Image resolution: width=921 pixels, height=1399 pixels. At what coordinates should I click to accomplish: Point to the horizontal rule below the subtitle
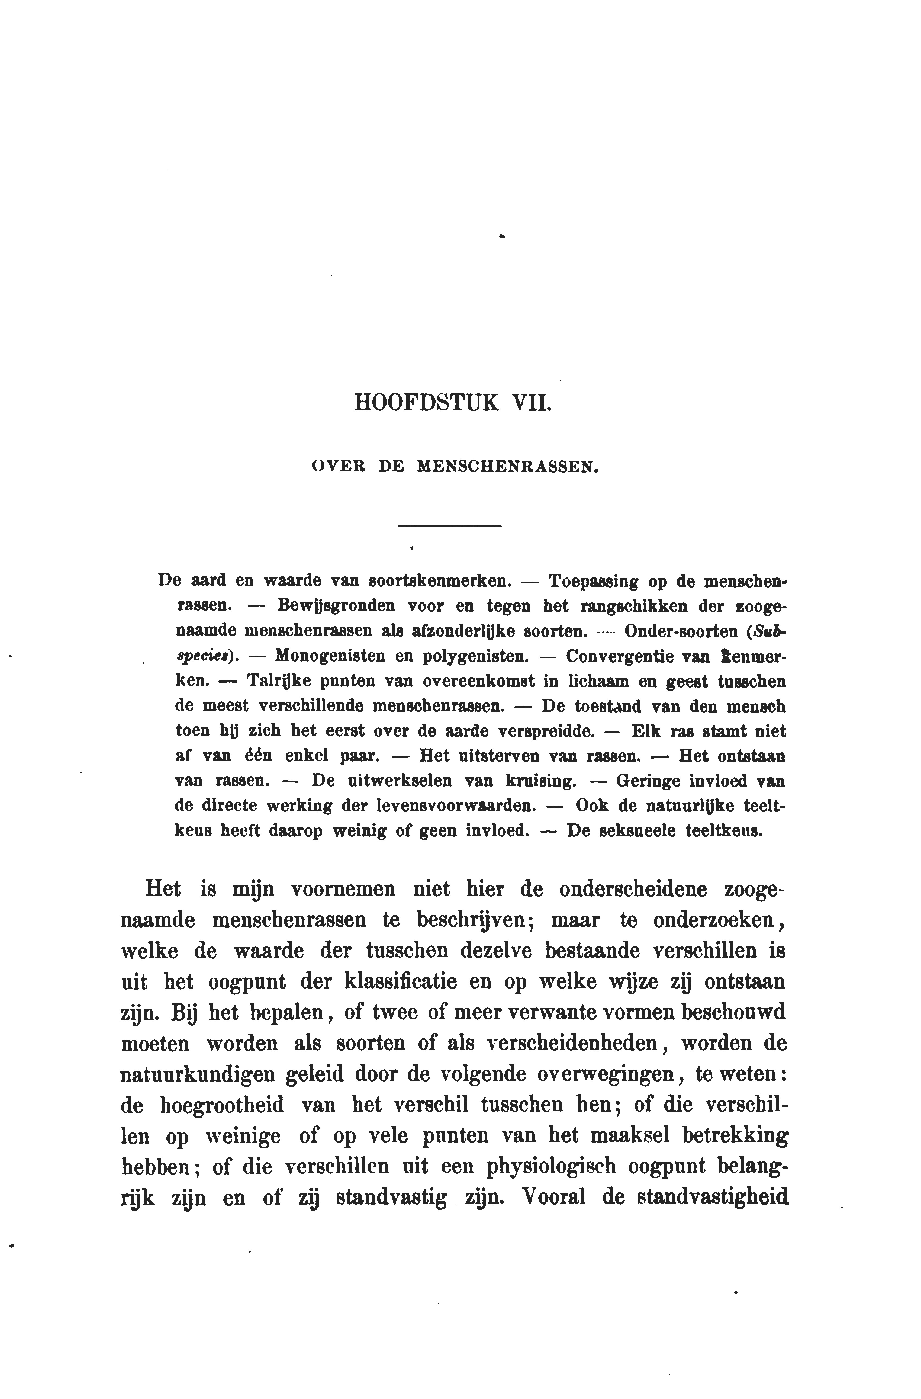450,525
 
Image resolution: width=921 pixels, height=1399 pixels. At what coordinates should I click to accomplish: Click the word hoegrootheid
222,1105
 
